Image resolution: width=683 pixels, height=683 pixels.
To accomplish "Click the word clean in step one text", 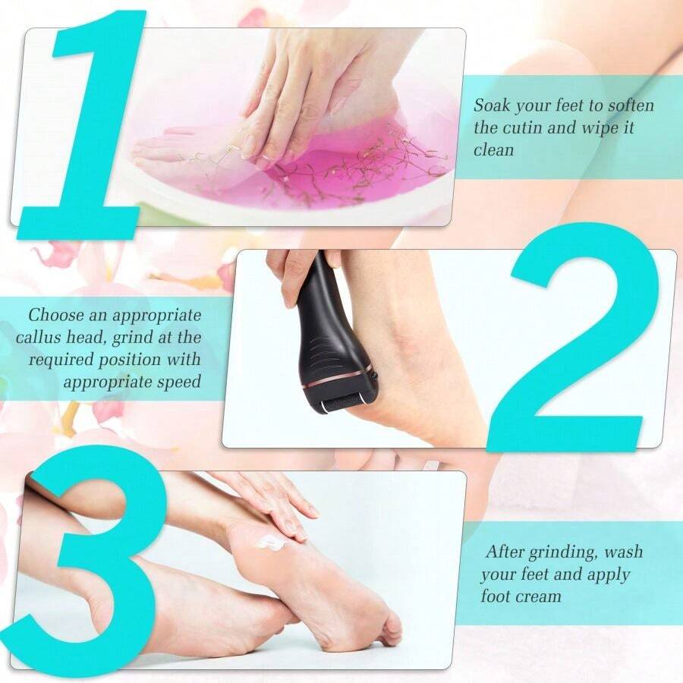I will (494, 150).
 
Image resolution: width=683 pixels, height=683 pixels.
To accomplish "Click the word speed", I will (179, 381).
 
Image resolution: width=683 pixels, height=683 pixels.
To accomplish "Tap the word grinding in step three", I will (564, 551).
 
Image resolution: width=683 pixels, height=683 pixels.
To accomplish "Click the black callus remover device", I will (330, 334).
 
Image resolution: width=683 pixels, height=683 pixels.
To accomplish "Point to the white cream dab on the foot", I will (271, 542).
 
